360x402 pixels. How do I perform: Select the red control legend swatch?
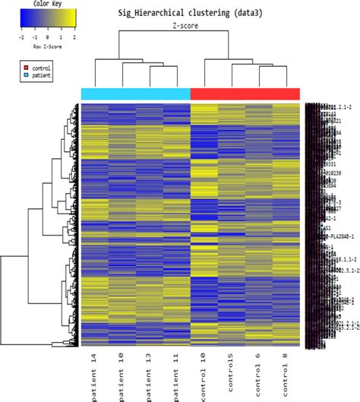click(25, 68)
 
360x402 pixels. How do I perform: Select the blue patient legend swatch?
click(25, 76)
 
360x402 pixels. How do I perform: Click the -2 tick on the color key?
click(23, 36)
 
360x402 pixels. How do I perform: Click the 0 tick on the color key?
click(48, 36)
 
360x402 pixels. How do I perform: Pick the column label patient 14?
click(95, 372)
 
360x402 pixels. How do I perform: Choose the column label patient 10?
click(122, 372)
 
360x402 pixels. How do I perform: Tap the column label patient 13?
click(150, 372)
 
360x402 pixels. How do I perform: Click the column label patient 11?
click(177, 372)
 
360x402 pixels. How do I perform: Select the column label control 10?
click(204, 372)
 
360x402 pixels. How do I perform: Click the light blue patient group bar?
click(135, 93)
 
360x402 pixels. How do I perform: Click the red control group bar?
click(245, 93)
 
